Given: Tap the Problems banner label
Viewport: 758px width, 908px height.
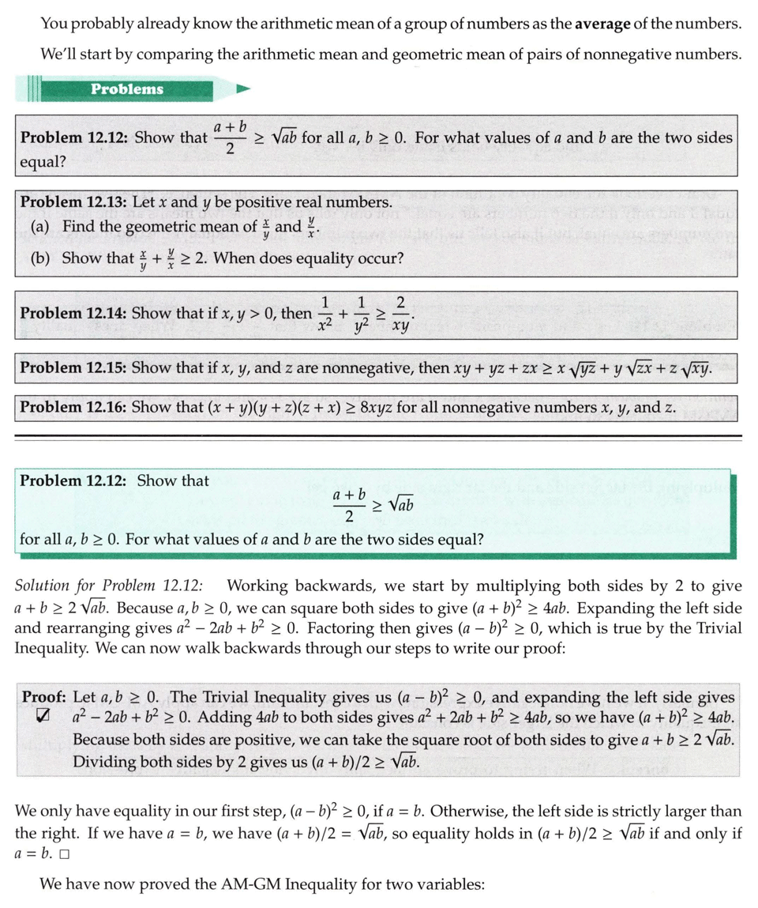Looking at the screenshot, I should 126,89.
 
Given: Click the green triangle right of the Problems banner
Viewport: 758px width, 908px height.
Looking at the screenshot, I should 244,89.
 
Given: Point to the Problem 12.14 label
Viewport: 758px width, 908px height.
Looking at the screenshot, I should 72,313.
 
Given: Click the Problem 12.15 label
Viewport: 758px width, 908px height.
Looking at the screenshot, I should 72,367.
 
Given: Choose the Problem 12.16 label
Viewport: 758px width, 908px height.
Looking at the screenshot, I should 72,407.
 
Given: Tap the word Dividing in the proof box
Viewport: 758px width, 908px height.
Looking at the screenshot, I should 104,763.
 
